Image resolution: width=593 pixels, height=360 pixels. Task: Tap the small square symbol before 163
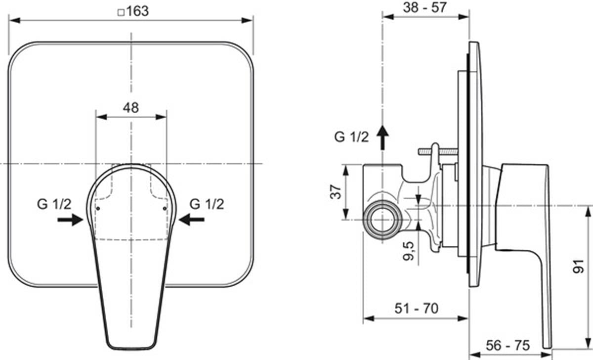(x=121, y=12)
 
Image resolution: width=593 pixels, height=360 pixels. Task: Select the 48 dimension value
(x=131, y=108)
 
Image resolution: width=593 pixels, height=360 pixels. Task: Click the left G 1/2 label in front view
(x=54, y=204)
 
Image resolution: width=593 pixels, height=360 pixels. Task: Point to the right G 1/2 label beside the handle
(x=207, y=204)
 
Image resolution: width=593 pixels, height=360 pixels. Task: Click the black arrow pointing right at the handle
(x=70, y=220)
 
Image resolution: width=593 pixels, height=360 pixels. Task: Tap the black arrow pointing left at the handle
(x=192, y=220)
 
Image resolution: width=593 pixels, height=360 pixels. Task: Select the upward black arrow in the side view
(x=382, y=137)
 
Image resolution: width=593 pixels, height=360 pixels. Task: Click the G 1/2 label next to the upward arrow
(x=351, y=137)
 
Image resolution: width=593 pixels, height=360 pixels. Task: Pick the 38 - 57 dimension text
(x=424, y=7)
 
